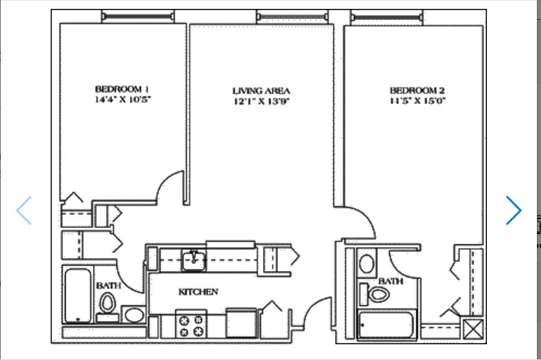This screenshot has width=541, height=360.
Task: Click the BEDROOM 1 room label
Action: point(122,89)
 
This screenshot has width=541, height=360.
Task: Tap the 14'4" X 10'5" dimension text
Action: point(123,100)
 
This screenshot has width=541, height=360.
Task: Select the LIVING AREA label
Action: point(261,91)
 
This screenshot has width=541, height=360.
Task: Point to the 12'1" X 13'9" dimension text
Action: point(262,101)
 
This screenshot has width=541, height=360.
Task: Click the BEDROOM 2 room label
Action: point(417,90)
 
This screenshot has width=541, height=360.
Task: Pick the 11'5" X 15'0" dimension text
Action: point(418,101)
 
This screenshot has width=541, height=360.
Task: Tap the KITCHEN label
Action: point(199,292)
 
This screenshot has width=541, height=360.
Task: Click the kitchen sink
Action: point(194,260)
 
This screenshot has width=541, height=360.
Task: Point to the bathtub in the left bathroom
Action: point(78,296)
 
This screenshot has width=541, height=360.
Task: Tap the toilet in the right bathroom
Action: point(375,294)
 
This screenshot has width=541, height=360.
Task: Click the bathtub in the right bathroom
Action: point(386,324)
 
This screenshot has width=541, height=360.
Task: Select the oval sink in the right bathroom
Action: point(366,263)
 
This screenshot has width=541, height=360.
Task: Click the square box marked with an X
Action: point(473,329)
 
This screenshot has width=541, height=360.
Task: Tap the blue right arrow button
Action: point(514,210)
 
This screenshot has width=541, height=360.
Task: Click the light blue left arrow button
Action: point(24,210)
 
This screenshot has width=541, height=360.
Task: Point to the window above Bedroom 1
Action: point(138,16)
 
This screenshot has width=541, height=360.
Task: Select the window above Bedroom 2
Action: point(387,17)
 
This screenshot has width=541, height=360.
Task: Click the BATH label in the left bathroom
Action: point(109,285)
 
